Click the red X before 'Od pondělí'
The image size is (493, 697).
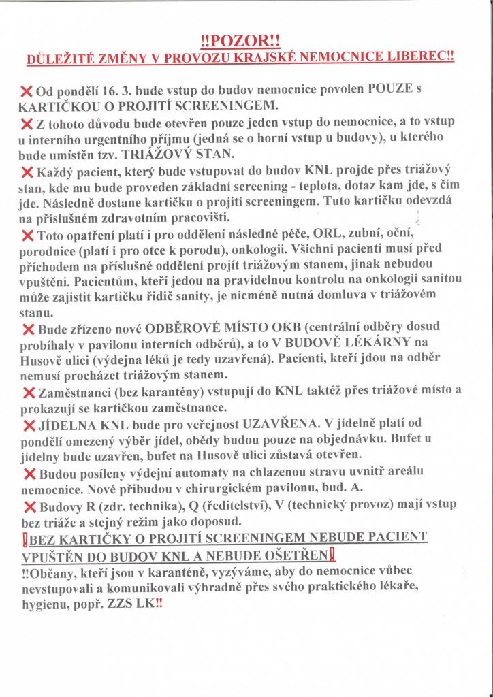click(x=28, y=91)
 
